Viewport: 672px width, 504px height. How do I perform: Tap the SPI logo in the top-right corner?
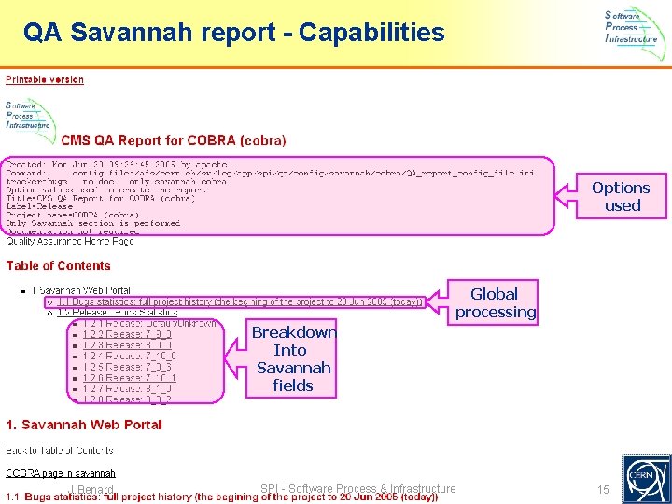tap(636, 27)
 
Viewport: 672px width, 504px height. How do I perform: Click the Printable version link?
tap(45, 79)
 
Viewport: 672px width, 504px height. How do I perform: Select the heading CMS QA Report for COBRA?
tap(174, 141)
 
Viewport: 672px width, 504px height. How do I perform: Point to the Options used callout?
tap(622, 196)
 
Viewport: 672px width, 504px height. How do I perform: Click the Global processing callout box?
tap(495, 302)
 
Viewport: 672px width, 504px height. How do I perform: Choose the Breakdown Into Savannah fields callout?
tap(292, 358)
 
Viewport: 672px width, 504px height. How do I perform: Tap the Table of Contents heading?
tap(58, 266)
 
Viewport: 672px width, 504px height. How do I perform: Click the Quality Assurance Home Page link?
tap(70, 242)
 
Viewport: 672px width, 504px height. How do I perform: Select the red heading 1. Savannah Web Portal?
tap(84, 426)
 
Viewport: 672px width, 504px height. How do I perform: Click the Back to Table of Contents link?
tap(60, 451)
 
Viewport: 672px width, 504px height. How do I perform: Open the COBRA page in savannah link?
tap(61, 474)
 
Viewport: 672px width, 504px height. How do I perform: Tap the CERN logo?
tap(646, 477)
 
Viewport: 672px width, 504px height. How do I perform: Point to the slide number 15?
tap(603, 490)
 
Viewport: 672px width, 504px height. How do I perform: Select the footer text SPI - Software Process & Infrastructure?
tap(358, 489)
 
